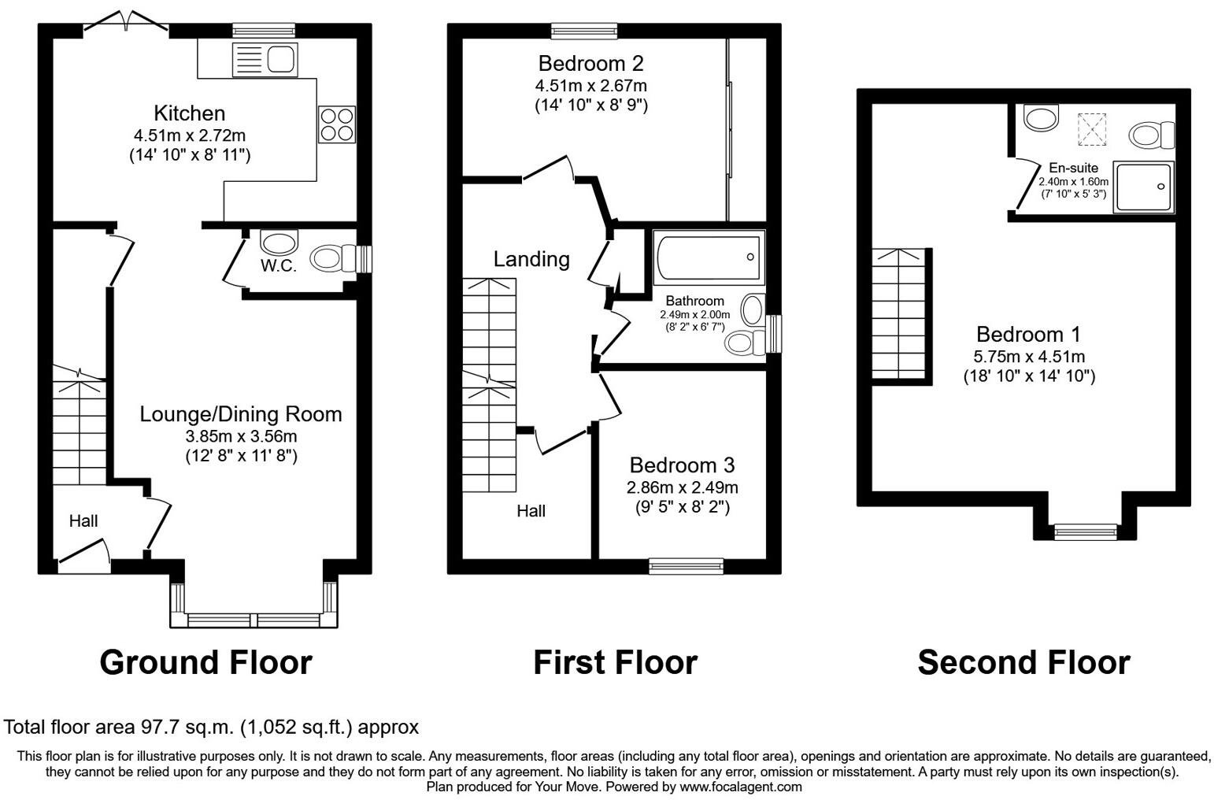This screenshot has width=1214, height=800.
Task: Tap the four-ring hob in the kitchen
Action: tap(336, 124)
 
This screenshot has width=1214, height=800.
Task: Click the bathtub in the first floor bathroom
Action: tap(709, 257)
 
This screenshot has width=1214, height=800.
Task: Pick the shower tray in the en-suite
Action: tap(1144, 187)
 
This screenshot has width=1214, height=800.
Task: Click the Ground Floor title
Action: tap(205, 662)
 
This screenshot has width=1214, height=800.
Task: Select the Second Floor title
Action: tap(1023, 662)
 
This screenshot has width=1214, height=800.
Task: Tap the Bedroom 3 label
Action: tap(682, 465)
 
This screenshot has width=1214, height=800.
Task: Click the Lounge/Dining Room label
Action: tap(241, 414)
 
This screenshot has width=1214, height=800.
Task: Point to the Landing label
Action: tap(531, 258)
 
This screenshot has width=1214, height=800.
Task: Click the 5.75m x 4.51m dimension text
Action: tap(1029, 356)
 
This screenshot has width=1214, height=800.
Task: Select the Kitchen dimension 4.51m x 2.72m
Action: tap(190, 135)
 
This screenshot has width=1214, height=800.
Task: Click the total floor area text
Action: tap(212, 727)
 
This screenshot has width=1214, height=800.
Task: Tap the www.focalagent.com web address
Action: tap(741, 787)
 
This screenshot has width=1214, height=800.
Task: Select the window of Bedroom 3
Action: tap(686, 565)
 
